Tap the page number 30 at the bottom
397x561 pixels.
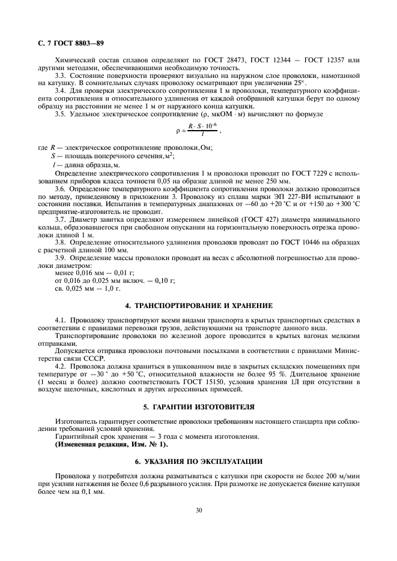pyautogui.click(x=198, y=510)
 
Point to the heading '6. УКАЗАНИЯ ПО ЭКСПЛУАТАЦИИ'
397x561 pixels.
pyautogui.click(x=198, y=462)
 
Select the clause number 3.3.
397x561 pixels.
pyautogui.click(x=61, y=76)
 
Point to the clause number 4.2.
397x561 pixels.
pyautogui.click(x=61, y=366)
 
